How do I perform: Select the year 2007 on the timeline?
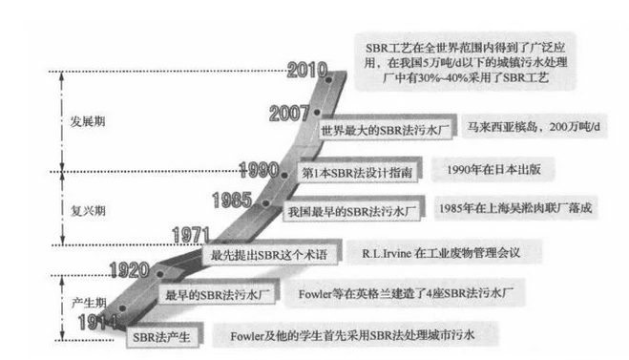click(295, 114)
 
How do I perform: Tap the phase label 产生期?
click(84, 302)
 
